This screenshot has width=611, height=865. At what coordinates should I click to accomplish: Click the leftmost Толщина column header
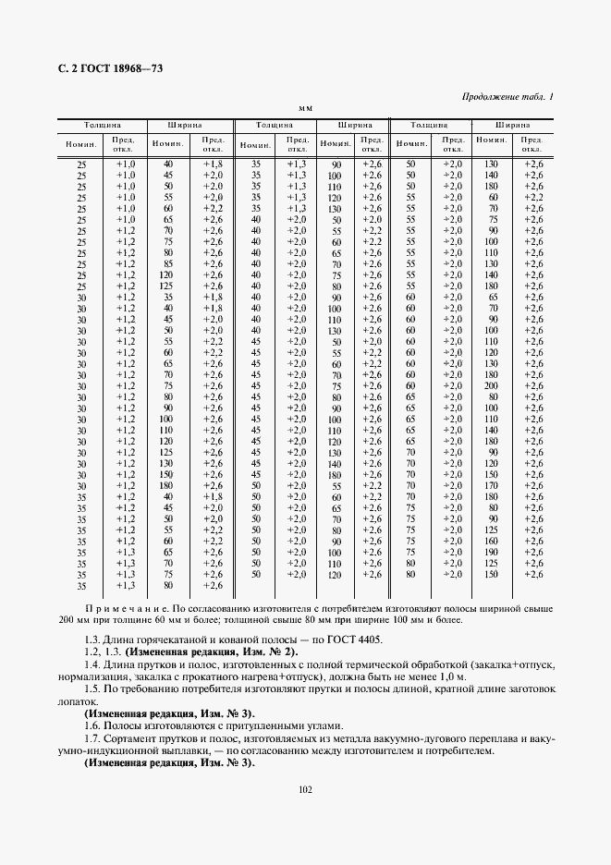coord(103,124)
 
